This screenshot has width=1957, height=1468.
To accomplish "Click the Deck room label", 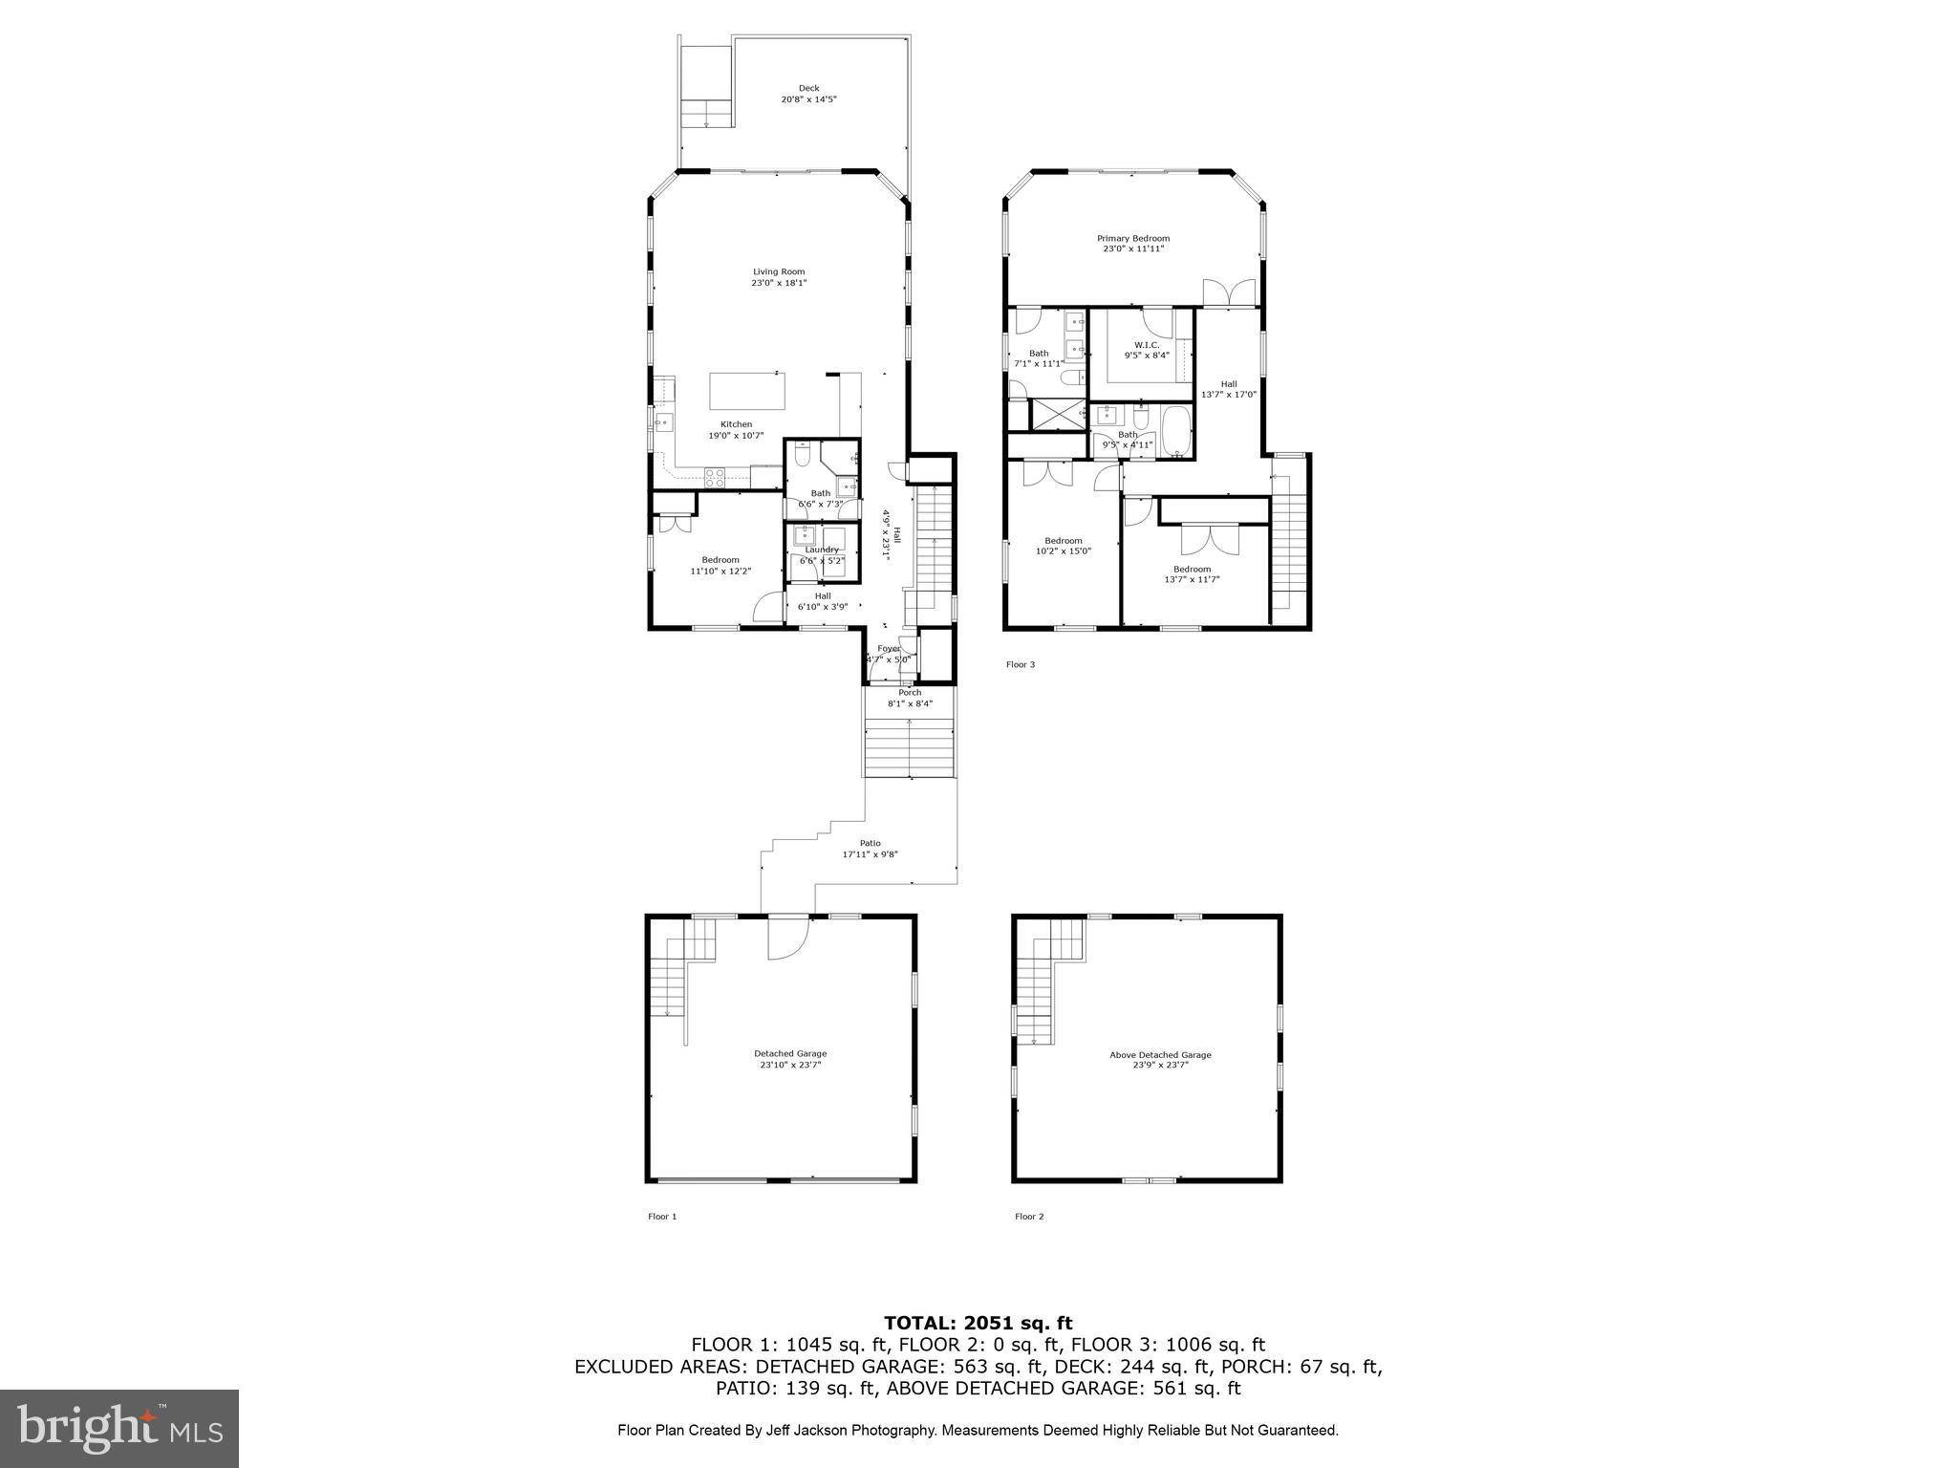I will click(808, 88).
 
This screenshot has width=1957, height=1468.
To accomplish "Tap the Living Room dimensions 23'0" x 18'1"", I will click(779, 283).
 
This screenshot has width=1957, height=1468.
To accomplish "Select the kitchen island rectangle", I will click(747, 391).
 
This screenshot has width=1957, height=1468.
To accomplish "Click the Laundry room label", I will click(822, 550).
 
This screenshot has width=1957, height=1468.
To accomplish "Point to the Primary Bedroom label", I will click(1132, 238).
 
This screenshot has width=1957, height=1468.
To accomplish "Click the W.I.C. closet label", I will click(1147, 345).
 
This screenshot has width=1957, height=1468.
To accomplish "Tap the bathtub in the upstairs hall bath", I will click(1174, 430).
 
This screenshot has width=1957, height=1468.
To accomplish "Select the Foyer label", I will click(889, 648).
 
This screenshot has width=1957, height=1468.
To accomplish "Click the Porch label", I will click(910, 693).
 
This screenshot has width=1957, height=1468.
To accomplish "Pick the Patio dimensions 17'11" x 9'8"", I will click(870, 854).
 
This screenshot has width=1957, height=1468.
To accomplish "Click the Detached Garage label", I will click(789, 1053).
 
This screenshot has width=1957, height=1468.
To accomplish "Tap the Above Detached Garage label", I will click(1160, 1055).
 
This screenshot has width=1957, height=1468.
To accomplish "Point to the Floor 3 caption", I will click(1020, 664).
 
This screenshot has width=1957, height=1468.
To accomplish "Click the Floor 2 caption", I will click(1029, 1217).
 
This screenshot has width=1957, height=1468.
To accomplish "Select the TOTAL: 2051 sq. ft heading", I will click(978, 1323).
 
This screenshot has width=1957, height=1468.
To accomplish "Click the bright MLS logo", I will click(119, 1428).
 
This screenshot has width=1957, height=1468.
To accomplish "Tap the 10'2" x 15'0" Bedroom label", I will click(1063, 540).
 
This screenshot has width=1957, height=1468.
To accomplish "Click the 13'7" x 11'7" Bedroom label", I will click(1192, 569).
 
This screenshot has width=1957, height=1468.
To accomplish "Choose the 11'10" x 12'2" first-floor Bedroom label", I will click(720, 560).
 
